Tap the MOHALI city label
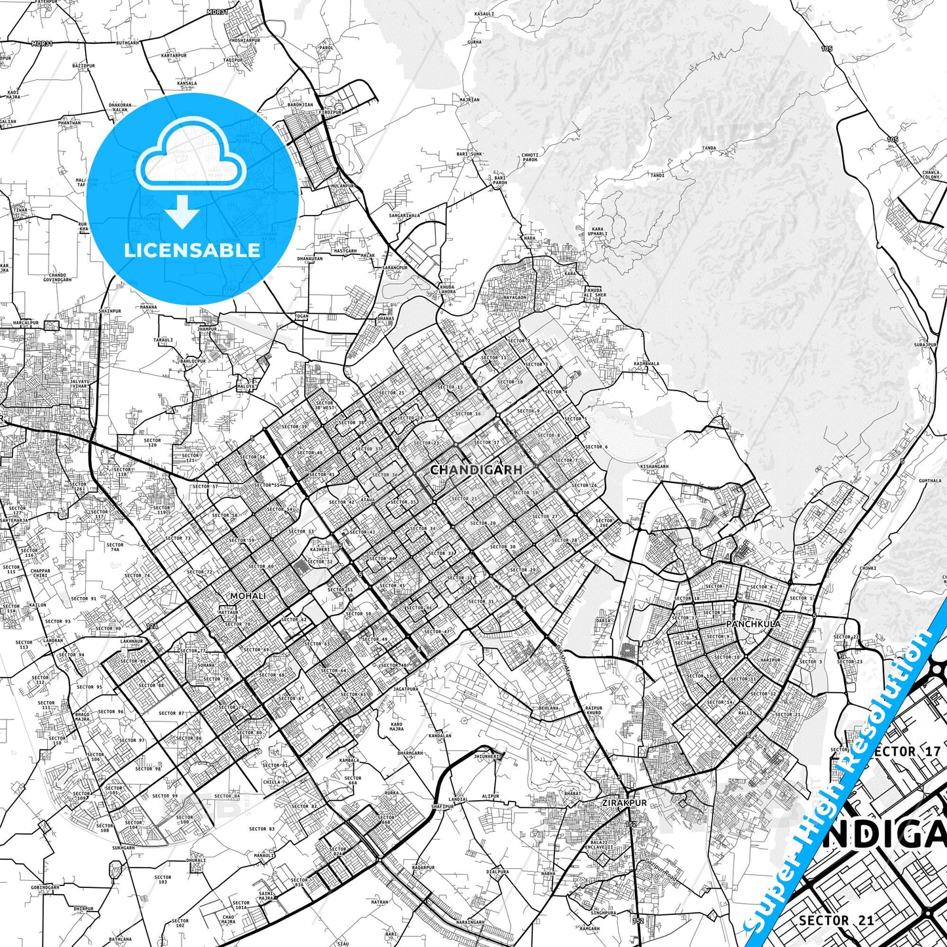pyautogui.click(x=248, y=596)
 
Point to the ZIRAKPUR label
pyautogui.click(x=625, y=803)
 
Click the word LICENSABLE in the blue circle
pyautogui.click(x=192, y=250)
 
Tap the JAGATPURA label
pyautogui.click(x=406, y=689)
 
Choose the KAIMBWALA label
pyautogui.click(x=646, y=363)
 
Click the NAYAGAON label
pyautogui.click(x=514, y=298)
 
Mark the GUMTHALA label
pyautogui.click(x=930, y=480)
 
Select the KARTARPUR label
pyautogui.click(x=174, y=56)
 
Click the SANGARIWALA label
pyautogui.click(x=404, y=215)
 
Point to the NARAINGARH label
pyautogui.click(x=470, y=922)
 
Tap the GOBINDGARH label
pyautogui.click(x=45, y=887)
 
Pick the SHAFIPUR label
pyautogui.click(x=443, y=806)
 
